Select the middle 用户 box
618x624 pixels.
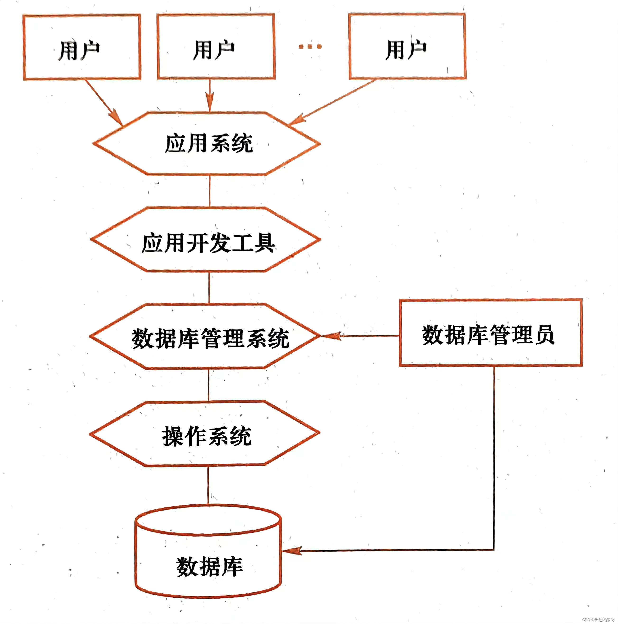[x=216, y=46]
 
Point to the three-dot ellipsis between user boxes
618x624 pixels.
[x=310, y=46]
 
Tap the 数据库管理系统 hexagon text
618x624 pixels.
[x=210, y=338]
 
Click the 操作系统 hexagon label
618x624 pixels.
[x=207, y=436]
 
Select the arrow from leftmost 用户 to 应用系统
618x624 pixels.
[x=103, y=102]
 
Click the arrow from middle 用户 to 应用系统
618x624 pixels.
[x=210, y=95]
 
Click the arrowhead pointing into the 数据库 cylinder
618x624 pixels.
[x=292, y=551]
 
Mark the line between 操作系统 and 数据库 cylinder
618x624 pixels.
[x=208, y=485]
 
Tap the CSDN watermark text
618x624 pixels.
[x=598, y=619]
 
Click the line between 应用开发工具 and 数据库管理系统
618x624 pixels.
[x=209, y=287]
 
